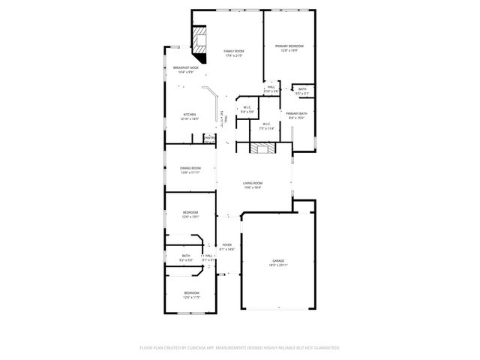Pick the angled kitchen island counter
pyautogui.click(x=215, y=103)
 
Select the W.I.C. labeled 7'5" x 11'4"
pyautogui.click(x=267, y=127)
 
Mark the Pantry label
pyautogui.click(x=209, y=138)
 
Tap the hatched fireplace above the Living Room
pyautogui.click(x=262, y=148)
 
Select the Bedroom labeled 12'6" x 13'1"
pyautogui.click(x=190, y=214)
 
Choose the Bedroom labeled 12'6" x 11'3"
pyautogui.click(x=191, y=295)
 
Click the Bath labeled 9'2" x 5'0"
pyautogui.click(x=186, y=258)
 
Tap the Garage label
pyautogui.click(x=278, y=262)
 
